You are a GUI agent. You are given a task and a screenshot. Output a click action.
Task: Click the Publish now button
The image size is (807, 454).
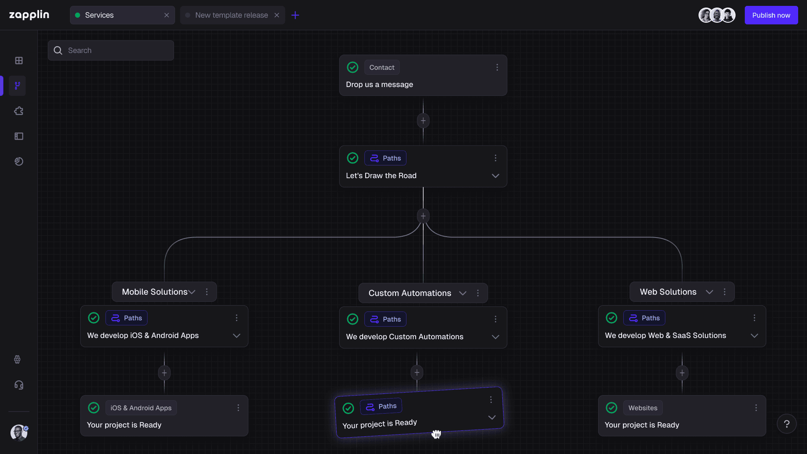pos(771,15)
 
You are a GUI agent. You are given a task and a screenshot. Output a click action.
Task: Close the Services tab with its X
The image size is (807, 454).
pos(166,15)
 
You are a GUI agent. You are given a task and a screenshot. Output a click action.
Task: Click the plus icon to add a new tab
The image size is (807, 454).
pos(295,15)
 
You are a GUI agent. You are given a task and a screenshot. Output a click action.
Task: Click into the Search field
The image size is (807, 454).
pos(111,50)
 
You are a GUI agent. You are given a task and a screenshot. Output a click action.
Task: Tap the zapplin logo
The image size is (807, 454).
pos(29,15)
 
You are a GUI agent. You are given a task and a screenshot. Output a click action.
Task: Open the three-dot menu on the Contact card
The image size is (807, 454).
pos(497,67)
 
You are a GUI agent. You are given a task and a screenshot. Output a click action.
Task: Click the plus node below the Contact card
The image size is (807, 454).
pos(423,121)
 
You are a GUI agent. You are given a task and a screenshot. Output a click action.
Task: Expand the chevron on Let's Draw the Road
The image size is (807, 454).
pos(496,176)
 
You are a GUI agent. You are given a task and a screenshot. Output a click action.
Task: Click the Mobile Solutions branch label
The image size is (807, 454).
pos(155,292)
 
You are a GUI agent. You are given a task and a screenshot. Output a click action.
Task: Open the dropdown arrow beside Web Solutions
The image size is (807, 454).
pos(709,292)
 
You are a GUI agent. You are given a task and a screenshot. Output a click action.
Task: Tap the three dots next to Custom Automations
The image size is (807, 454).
pos(478,293)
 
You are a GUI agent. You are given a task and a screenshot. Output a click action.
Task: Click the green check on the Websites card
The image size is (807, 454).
pos(612,408)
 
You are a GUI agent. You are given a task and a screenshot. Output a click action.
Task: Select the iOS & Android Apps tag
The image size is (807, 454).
pos(141,408)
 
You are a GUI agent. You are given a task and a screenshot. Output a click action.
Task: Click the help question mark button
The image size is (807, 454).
pos(787,424)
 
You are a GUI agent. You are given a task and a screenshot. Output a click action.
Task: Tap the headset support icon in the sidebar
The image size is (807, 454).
pos(19,385)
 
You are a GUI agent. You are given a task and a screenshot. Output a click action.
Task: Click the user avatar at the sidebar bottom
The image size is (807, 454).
pos(19,433)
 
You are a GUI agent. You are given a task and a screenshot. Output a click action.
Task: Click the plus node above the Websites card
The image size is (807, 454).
pos(682,373)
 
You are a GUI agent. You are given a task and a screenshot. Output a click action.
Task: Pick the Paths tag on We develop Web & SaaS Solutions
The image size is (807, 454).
pos(644,318)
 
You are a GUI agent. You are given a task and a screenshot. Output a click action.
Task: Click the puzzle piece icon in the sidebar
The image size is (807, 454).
pos(19,111)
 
